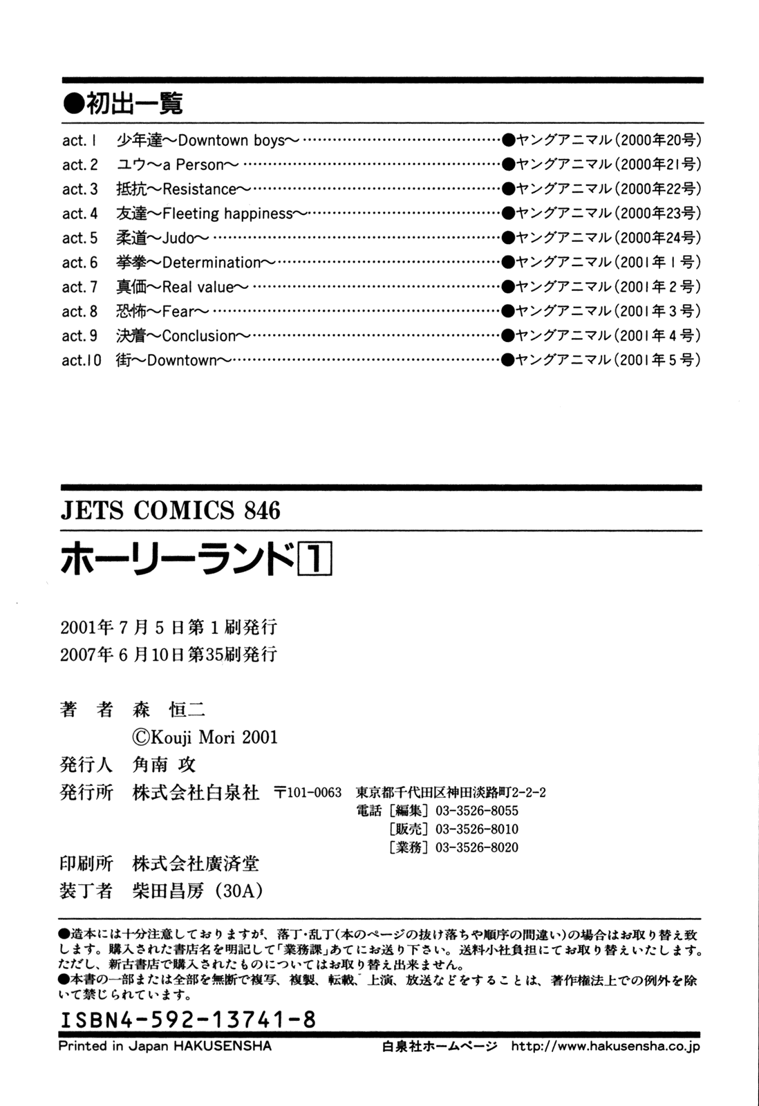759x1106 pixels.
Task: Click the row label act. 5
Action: pos(80,238)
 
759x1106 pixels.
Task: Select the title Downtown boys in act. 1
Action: pos(231,140)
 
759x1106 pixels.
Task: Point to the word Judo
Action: pos(178,238)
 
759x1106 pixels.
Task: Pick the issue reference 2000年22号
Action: pos(657,189)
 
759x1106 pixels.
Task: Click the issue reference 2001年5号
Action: pos(657,359)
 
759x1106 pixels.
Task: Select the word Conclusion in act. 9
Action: pos(199,336)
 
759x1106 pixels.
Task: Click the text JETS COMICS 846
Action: pos(171,510)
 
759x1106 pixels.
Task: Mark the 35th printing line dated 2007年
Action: pos(169,654)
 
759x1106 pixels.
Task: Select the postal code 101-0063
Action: pos(308,792)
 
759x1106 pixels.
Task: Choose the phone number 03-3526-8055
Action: pos(476,811)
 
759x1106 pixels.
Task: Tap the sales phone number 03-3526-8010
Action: pos(476,829)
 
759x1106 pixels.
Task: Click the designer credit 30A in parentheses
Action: pos(239,891)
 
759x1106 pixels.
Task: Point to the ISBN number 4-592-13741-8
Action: pos(188,1020)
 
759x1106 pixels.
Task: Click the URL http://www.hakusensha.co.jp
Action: pos(605,1047)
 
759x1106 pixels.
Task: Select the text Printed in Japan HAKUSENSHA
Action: pos(165,1046)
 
